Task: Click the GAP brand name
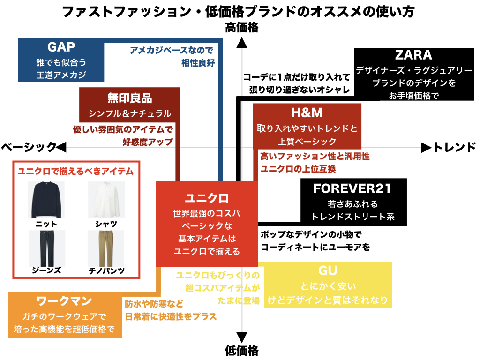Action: (x=61, y=47)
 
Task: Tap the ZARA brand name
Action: (x=413, y=55)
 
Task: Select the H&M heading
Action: (x=307, y=112)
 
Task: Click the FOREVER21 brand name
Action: (x=352, y=188)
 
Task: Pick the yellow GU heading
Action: (x=328, y=270)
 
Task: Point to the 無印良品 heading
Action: (x=129, y=98)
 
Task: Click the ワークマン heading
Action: (x=64, y=301)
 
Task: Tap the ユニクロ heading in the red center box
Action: (x=207, y=198)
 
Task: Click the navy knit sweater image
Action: (x=46, y=200)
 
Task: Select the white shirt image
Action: (x=106, y=200)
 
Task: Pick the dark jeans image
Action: (x=47, y=248)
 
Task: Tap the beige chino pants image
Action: (x=106, y=248)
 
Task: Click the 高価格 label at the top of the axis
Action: (x=242, y=28)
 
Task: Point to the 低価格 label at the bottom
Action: (x=242, y=351)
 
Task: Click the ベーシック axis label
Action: (x=29, y=147)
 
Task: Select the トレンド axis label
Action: (x=455, y=147)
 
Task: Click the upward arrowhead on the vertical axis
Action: (x=242, y=43)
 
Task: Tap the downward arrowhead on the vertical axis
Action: (x=242, y=337)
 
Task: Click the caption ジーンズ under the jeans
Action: (x=46, y=270)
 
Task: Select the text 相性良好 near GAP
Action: (x=198, y=63)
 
